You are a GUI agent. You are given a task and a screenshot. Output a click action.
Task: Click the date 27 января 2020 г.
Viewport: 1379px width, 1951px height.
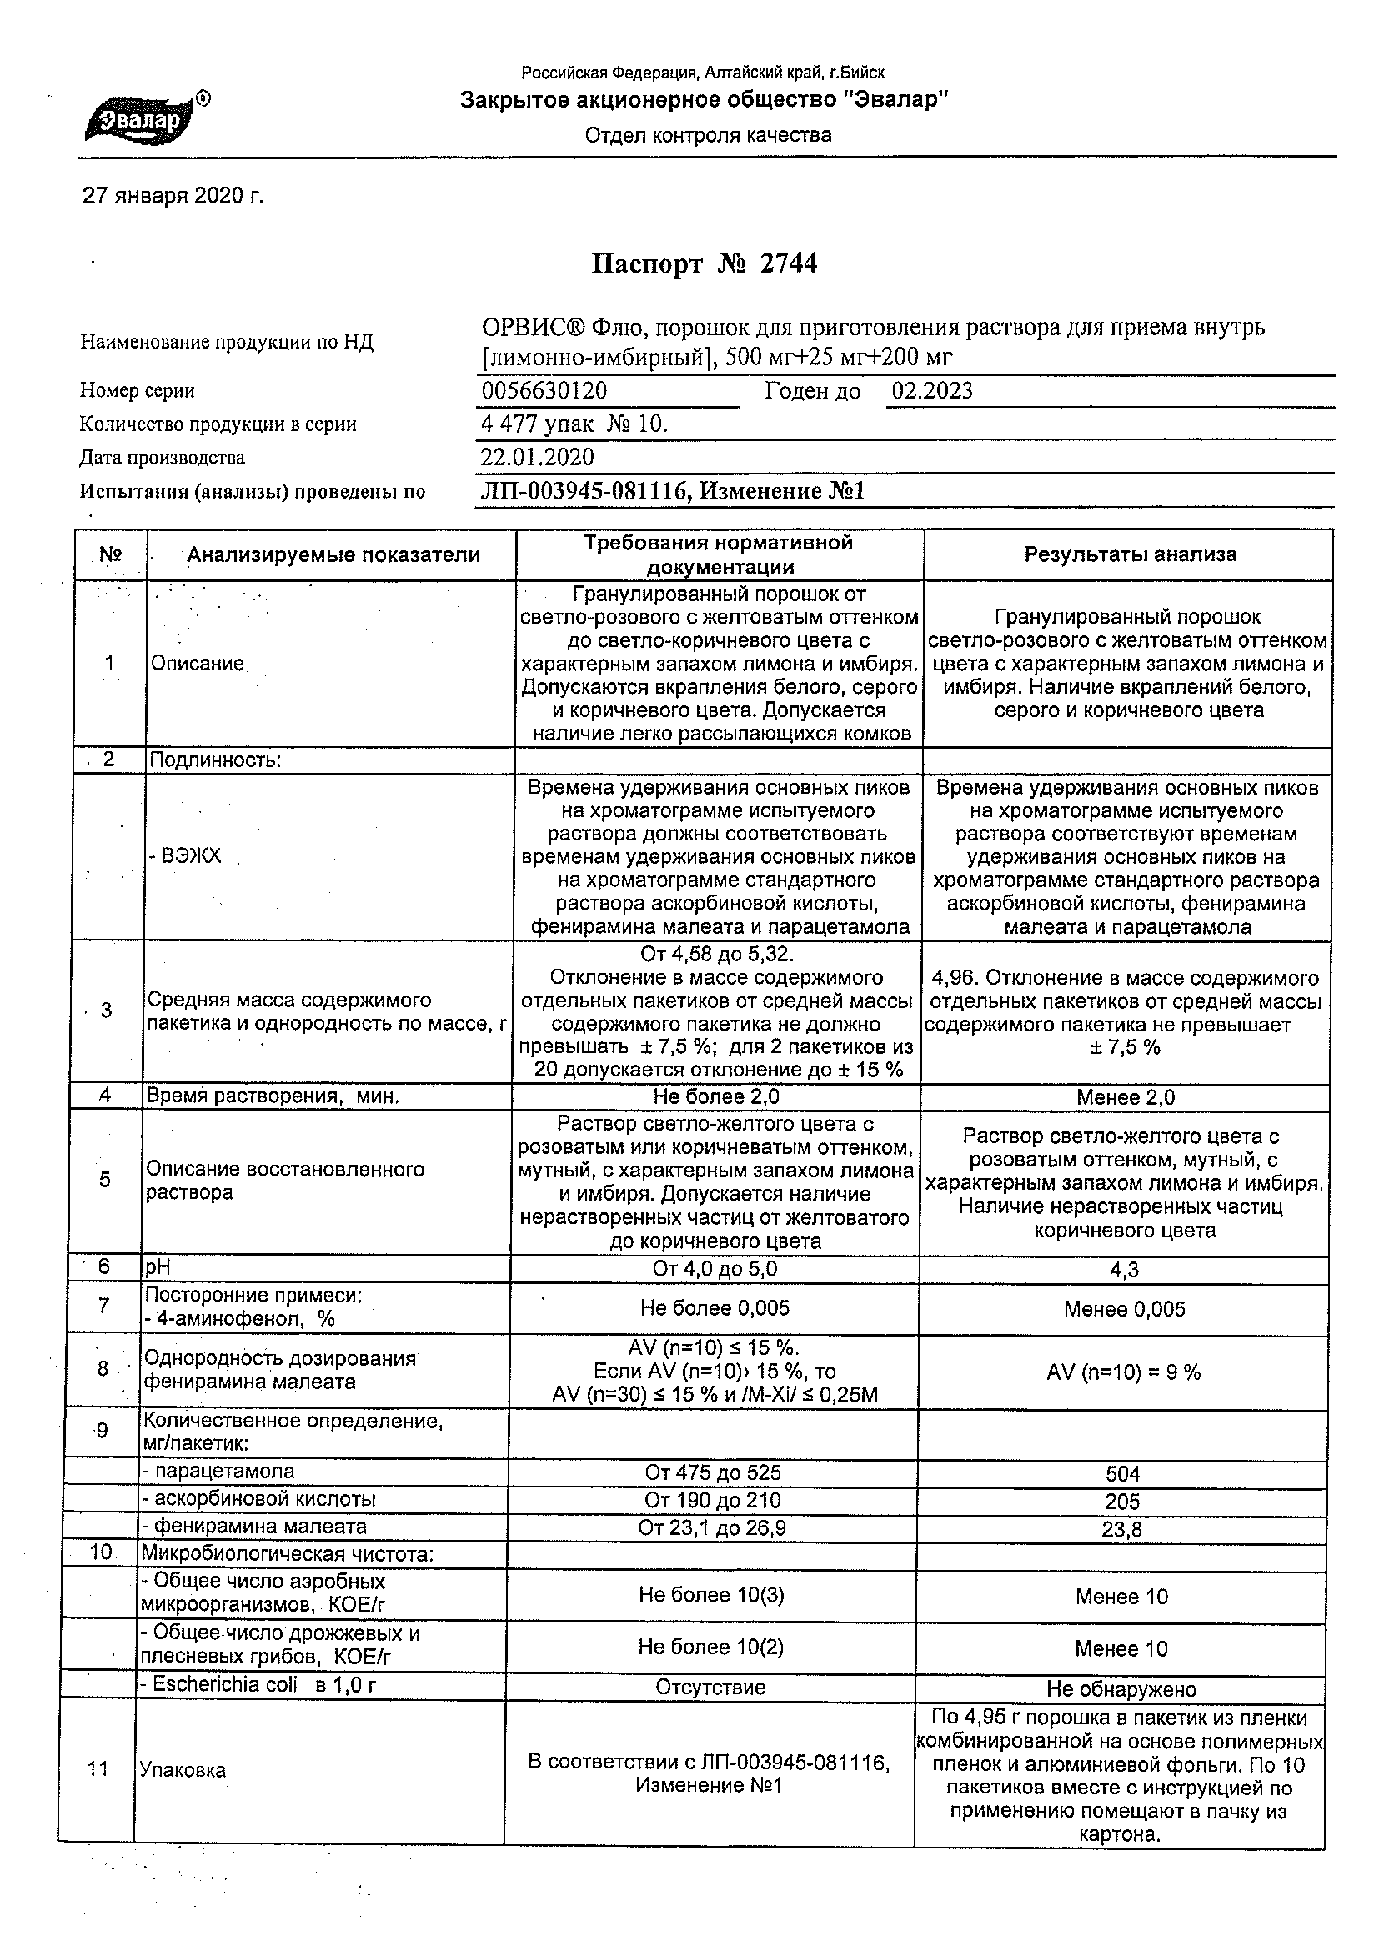[x=173, y=197]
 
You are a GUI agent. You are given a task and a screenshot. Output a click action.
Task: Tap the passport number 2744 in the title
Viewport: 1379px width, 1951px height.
[x=788, y=264]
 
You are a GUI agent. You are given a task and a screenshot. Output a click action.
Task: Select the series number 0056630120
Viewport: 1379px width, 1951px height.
[x=544, y=391]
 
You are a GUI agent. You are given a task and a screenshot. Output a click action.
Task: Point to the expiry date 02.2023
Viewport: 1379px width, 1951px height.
[x=932, y=391]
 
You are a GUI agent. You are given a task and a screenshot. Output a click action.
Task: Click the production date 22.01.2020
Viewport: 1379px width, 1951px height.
[x=537, y=458]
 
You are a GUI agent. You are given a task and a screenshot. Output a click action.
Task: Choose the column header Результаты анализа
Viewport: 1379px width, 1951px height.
[x=1129, y=555]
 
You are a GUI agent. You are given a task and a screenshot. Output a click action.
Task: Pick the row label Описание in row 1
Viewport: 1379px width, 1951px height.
[x=197, y=664]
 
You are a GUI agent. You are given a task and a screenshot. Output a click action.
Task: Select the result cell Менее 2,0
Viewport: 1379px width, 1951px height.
[x=1125, y=1097]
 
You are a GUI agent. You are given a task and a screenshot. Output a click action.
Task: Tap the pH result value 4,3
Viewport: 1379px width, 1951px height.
[x=1123, y=1271]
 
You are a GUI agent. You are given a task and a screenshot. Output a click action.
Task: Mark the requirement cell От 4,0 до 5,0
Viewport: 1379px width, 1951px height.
[x=715, y=1270]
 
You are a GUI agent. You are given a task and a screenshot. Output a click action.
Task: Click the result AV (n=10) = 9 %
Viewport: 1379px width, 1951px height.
[x=1123, y=1372]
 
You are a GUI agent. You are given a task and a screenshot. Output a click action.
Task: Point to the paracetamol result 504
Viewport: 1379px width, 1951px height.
[x=1122, y=1474]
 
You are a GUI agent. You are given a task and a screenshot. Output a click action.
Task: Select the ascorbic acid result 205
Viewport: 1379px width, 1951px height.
[x=1122, y=1502]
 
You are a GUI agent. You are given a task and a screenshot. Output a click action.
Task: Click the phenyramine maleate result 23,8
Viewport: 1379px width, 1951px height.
[x=1122, y=1529]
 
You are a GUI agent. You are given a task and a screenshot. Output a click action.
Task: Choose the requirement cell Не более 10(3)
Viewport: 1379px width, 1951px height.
[x=711, y=1595]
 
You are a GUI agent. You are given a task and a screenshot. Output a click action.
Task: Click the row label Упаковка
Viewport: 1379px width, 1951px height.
[x=183, y=1770]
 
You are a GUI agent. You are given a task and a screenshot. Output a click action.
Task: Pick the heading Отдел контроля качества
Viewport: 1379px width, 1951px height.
[x=708, y=135]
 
